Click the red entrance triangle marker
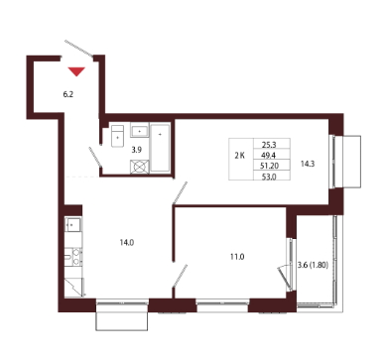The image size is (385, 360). [76, 71]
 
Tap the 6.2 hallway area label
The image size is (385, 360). [68, 94]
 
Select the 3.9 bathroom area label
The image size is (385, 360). [137, 150]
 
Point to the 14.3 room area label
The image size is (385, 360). [308, 164]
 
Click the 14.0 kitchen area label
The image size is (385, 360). [127, 243]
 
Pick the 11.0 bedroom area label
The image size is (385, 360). [237, 257]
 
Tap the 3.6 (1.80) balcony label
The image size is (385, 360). [313, 265]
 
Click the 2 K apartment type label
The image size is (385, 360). [240, 156]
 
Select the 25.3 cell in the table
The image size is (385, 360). [269, 145]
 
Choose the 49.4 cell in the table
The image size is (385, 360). [269, 155]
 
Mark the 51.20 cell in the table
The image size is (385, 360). [270, 166]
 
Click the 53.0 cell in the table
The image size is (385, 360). [269, 177]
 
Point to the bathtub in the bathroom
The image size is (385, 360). [161, 148]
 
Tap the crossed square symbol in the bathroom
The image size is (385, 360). [140, 167]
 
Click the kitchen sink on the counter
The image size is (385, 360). [73, 225]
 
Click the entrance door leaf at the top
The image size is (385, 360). [79, 49]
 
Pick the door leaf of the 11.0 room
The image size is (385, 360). [180, 275]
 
